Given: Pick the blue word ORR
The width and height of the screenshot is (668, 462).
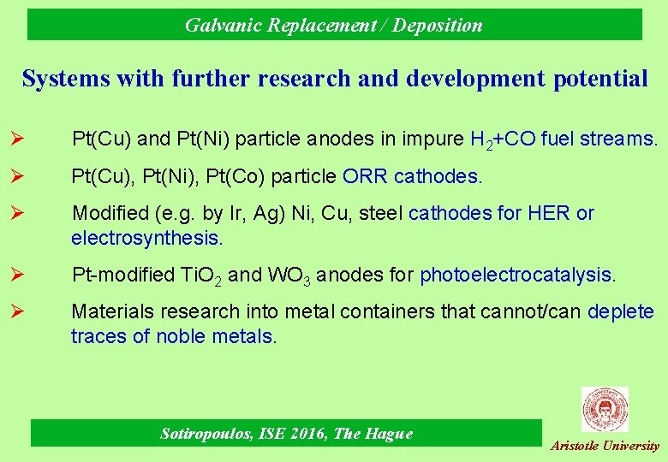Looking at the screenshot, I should pos(365,176).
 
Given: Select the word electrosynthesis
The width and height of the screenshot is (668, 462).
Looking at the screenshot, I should pos(146,236).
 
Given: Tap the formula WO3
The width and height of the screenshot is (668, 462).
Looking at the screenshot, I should pos(283,275).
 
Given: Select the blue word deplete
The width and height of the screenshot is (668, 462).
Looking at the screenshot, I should pos(621,312).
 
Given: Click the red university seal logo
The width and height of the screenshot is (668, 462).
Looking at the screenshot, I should pos(605,409).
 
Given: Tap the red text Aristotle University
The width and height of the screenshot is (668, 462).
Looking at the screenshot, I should pos(605,446).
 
